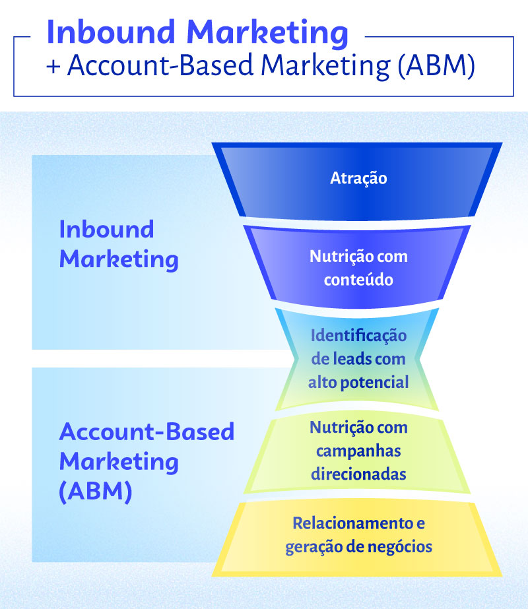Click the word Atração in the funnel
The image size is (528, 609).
[x=358, y=178]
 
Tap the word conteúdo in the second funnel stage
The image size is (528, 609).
[x=358, y=279]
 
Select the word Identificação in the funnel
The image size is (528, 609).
[x=358, y=335]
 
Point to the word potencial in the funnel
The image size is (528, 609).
[x=384, y=383]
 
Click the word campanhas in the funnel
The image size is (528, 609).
[x=358, y=451]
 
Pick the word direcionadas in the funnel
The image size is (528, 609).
[x=359, y=474]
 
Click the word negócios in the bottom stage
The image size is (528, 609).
[x=402, y=547]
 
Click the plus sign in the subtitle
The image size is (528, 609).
[x=53, y=69]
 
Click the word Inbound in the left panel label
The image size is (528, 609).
[x=106, y=230]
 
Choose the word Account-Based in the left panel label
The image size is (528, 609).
[x=147, y=432]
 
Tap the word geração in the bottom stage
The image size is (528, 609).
[x=310, y=547]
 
